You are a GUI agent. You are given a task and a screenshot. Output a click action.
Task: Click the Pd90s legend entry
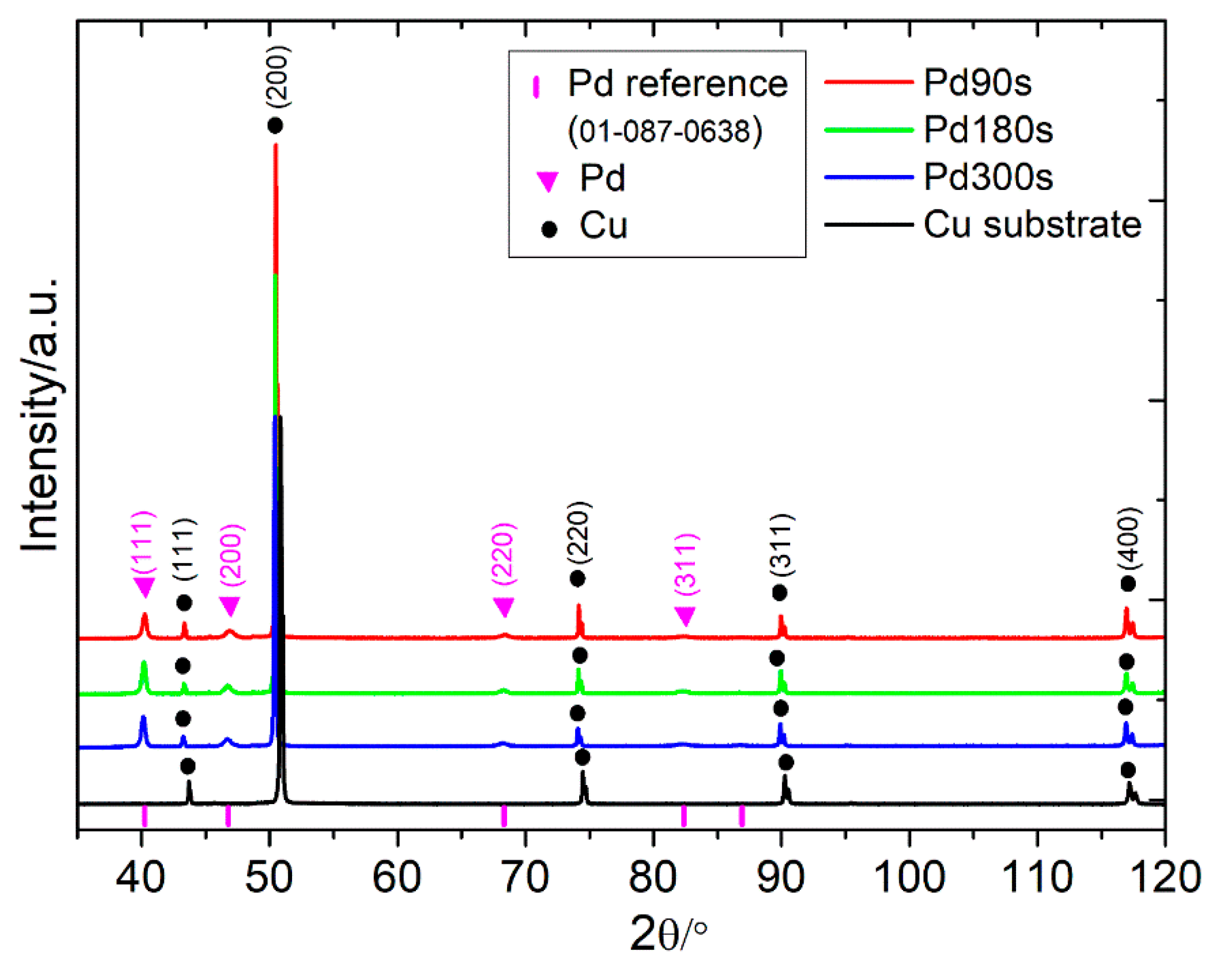[977, 83]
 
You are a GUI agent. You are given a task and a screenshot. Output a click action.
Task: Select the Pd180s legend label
[988, 130]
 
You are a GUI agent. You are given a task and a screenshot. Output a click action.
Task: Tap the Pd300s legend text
[988, 177]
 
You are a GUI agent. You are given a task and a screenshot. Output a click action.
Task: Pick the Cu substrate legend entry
[1032, 225]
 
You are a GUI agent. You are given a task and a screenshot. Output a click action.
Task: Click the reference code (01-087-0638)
[664, 131]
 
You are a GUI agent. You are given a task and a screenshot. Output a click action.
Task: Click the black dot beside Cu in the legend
[549, 229]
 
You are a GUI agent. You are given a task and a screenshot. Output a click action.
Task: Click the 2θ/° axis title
[668, 934]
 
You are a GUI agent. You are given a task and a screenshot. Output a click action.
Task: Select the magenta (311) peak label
[686, 563]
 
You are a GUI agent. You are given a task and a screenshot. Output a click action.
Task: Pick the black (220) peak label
[579, 533]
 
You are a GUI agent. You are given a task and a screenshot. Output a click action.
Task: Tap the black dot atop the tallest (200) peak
[275, 125]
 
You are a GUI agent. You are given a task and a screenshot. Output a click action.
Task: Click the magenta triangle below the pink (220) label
[504, 607]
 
